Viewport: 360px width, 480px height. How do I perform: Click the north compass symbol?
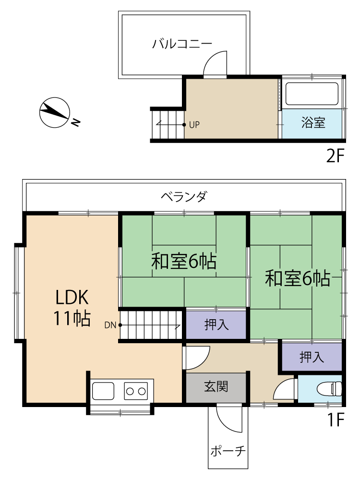[x=55, y=113]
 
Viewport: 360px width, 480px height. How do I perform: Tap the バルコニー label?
[x=182, y=44]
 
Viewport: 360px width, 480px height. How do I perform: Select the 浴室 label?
[x=313, y=122]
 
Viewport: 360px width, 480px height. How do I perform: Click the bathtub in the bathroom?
[x=312, y=94]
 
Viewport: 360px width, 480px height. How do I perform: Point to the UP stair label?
[x=194, y=125]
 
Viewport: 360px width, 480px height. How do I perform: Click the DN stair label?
[x=110, y=325]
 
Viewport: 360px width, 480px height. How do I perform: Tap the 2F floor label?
[x=336, y=156]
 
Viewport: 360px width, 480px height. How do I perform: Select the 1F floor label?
[x=336, y=420]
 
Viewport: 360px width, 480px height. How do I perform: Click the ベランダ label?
[x=184, y=196]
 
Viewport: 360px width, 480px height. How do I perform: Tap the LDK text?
[x=72, y=297]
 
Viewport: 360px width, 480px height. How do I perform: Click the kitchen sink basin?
[x=103, y=391]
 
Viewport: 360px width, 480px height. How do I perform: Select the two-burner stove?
[x=136, y=391]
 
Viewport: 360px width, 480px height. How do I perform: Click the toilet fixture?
[x=329, y=389]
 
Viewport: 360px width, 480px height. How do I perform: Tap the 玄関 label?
[x=216, y=386]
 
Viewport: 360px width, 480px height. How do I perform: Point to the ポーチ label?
[x=228, y=451]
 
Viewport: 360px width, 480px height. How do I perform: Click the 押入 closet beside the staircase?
[x=216, y=325]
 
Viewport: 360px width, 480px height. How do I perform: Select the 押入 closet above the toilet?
[x=312, y=357]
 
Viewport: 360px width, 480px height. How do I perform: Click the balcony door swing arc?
[x=211, y=58]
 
